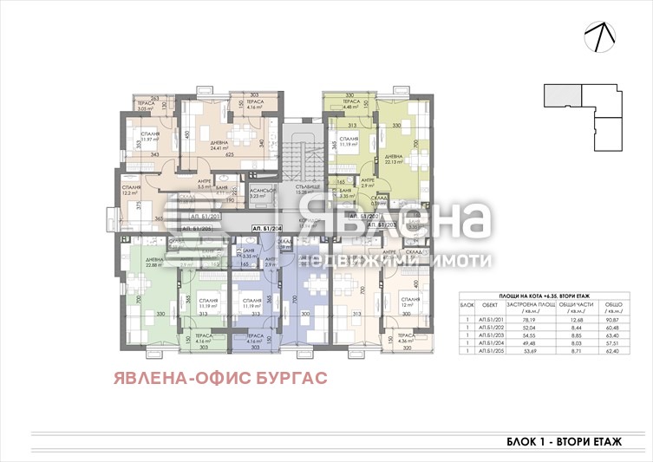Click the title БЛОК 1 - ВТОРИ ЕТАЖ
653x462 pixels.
[564, 441]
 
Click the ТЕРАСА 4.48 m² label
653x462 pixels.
[351, 105]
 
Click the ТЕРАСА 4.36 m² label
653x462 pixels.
[405, 339]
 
